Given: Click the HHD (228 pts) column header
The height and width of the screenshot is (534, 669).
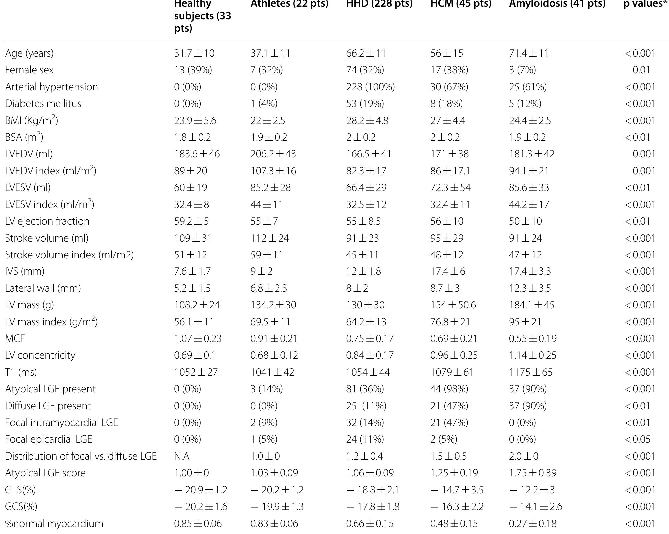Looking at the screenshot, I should tap(379, 4).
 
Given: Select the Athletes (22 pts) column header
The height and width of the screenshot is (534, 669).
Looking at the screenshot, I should tap(289, 4).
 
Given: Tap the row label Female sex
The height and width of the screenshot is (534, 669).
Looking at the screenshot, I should tap(29, 70).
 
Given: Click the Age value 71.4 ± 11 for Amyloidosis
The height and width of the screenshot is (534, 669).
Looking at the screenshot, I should tap(528, 53).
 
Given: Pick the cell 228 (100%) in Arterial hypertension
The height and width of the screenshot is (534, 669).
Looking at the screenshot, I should tap(370, 87).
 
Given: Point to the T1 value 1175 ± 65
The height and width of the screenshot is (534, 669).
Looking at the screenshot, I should tap(530, 372).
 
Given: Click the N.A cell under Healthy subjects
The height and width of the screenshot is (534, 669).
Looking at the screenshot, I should tap(182, 456).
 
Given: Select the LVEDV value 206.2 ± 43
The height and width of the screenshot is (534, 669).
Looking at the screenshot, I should tap(273, 154).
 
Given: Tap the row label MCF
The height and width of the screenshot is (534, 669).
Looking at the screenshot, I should tap(15, 339).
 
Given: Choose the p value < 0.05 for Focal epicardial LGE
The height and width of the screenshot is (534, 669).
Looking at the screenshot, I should tap(637, 439).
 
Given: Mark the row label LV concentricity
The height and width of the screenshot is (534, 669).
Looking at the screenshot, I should tap(40, 355).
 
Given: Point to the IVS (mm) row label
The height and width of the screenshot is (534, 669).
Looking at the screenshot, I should tap(25, 271).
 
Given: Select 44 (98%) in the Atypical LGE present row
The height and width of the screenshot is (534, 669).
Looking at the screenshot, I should tap(449, 389).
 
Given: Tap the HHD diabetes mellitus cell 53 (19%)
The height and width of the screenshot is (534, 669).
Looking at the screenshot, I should tap(365, 104).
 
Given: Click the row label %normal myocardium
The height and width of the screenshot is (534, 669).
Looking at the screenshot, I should tap(54, 524).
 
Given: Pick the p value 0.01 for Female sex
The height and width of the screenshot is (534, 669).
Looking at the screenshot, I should tap(641, 70).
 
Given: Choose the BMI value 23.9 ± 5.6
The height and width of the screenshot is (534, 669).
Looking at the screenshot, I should tap(195, 121).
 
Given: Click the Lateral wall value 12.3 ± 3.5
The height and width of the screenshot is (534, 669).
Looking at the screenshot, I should tap(530, 288).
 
